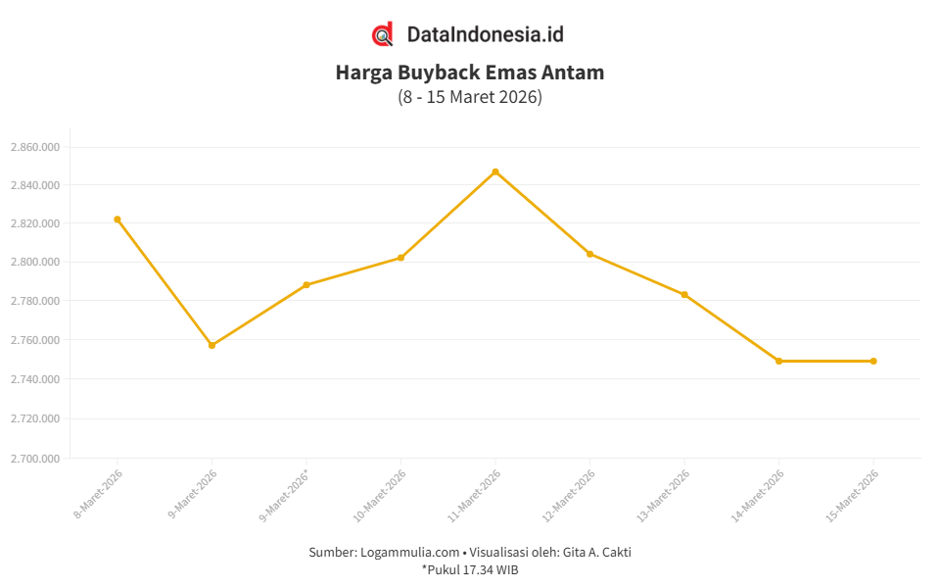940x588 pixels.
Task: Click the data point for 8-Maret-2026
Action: (x=117, y=220)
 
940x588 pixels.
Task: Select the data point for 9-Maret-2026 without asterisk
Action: (x=211, y=345)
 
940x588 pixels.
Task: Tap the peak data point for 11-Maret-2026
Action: (x=495, y=171)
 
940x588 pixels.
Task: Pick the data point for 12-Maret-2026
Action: (x=589, y=254)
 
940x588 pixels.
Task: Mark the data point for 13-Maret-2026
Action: (x=684, y=295)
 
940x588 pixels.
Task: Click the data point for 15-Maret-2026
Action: (x=873, y=361)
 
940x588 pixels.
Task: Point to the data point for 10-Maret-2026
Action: (x=400, y=258)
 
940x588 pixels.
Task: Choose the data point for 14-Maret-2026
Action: (x=778, y=361)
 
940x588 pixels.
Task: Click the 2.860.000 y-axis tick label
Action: (x=35, y=147)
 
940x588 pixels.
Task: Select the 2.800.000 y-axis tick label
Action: (x=35, y=262)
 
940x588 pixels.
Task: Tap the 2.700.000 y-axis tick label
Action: (x=35, y=458)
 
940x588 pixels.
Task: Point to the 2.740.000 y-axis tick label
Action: (x=35, y=379)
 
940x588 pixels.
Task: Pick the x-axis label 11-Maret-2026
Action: (x=475, y=494)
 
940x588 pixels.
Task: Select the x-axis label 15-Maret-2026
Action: (x=853, y=494)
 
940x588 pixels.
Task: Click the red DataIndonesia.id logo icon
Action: (x=383, y=34)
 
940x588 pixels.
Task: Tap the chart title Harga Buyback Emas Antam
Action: (x=470, y=73)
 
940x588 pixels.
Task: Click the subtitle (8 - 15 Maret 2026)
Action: (x=470, y=97)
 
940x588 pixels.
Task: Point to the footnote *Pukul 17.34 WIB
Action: (x=470, y=569)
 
